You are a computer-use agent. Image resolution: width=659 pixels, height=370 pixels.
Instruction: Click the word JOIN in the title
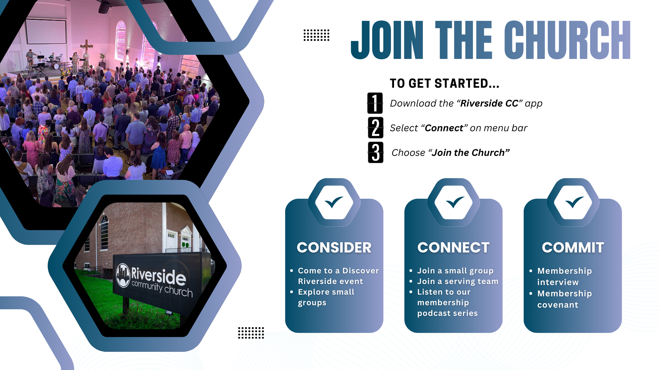click(x=387, y=40)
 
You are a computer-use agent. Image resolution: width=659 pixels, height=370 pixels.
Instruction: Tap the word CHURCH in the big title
click(x=567, y=40)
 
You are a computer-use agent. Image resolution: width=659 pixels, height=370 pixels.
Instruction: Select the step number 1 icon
click(x=375, y=103)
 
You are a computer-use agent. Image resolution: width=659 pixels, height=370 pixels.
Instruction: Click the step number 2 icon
click(x=375, y=128)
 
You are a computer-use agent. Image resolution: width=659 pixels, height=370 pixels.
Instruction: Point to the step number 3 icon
click(x=375, y=152)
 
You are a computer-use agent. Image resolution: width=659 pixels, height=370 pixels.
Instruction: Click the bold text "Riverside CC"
click(x=489, y=103)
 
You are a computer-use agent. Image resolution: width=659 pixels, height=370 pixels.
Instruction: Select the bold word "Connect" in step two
click(x=444, y=128)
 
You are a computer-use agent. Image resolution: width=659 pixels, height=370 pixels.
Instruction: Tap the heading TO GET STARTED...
click(x=444, y=83)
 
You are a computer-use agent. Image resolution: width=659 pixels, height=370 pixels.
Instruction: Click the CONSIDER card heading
click(x=334, y=247)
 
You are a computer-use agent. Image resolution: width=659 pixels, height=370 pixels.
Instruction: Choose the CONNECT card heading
click(x=453, y=247)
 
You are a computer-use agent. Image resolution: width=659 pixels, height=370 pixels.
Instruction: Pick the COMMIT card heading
click(x=573, y=247)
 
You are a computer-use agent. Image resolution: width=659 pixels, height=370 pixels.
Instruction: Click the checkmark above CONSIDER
click(x=334, y=202)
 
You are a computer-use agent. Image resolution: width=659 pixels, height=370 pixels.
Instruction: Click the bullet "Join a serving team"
click(x=458, y=281)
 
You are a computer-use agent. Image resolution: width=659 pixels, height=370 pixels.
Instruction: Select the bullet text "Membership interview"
click(x=565, y=276)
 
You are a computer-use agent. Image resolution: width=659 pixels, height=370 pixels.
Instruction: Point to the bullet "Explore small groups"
click(x=326, y=297)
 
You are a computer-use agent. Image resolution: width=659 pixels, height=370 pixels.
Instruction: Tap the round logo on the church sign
click(x=123, y=275)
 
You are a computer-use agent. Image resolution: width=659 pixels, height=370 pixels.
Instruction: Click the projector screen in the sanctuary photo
click(x=46, y=32)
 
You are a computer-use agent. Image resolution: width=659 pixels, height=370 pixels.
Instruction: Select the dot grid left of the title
click(x=316, y=35)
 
